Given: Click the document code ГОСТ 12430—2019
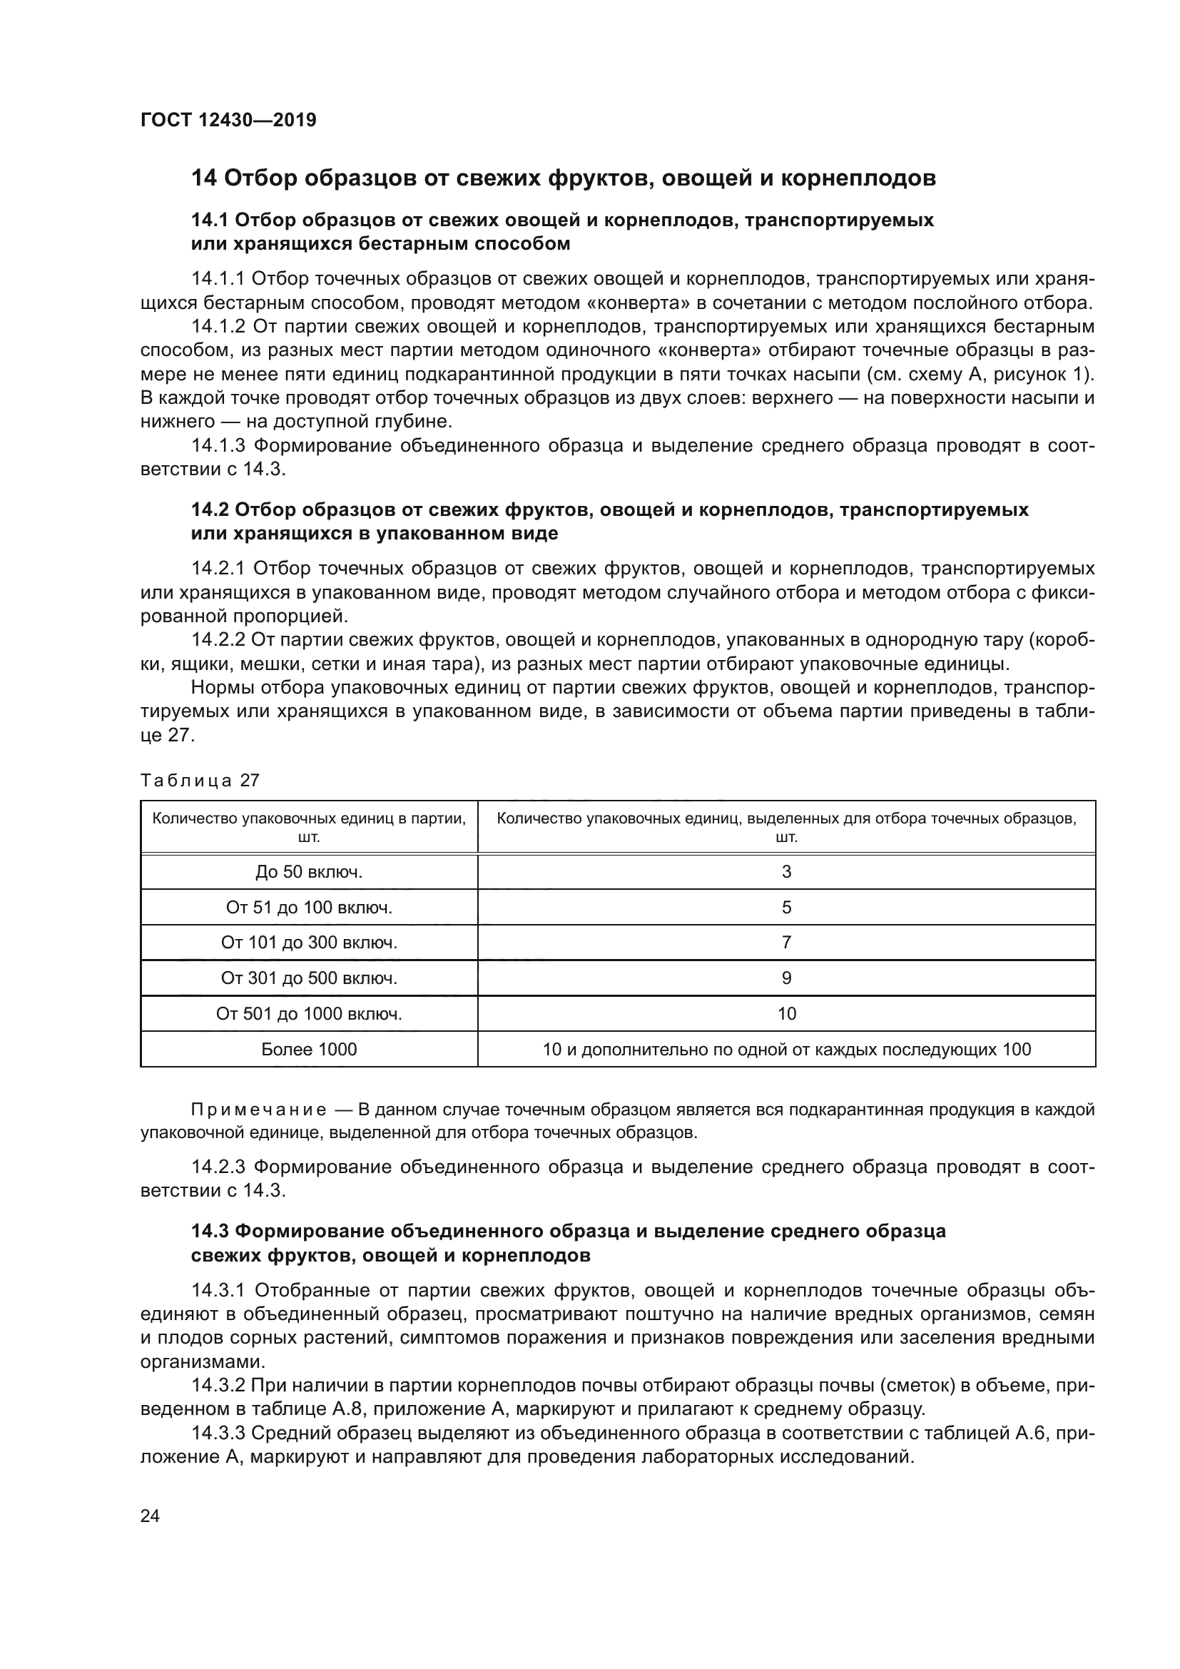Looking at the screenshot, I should pos(228,120).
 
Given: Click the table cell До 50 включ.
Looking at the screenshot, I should pos(309,871).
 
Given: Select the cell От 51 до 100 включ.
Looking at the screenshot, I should pos(309,907).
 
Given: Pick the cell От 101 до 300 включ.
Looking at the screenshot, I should pos(309,943).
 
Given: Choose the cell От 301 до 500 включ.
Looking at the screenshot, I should pos(309,978).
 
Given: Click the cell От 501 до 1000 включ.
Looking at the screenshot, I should pos(309,1014).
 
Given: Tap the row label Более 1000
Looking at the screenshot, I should pos(309,1050).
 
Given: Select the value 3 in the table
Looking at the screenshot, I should pos(786,871).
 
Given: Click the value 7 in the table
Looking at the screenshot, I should pos(786,943).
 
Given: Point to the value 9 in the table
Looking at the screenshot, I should pos(786,978).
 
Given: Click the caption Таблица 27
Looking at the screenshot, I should pos(200,781).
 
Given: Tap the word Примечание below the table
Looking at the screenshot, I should pos(258,1110).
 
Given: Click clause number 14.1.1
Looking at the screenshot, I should pos(218,279).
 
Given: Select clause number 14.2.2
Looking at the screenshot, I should pos(218,639).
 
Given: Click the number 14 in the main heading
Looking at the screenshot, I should pos(203,178).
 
